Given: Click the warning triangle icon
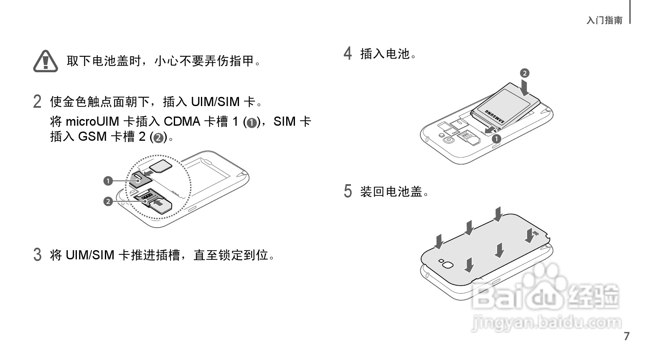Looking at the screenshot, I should pyautogui.click(x=46, y=61).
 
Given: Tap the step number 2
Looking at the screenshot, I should pyautogui.click(x=37, y=101).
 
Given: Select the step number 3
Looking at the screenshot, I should pyautogui.click(x=37, y=254).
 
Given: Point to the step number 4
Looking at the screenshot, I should pyautogui.click(x=348, y=53).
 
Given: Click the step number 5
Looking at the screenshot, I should pyautogui.click(x=348, y=191).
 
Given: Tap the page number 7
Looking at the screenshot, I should pyautogui.click(x=626, y=337).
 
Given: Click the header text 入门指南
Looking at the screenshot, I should pyautogui.click(x=604, y=20).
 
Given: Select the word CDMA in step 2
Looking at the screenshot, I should pyautogui.click(x=182, y=122).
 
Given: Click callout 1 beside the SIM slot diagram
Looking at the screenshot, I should pyautogui.click(x=108, y=181).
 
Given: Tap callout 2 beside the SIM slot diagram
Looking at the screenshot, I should pyautogui.click(x=108, y=202).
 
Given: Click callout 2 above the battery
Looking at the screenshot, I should pyautogui.click(x=524, y=74).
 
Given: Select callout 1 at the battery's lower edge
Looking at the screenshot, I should pyautogui.click(x=496, y=139).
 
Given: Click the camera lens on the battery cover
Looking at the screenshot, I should pyautogui.click(x=447, y=265).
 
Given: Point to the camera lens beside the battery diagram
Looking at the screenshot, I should pyautogui.click(x=448, y=139).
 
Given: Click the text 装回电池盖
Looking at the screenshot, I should pyautogui.click(x=394, y=192).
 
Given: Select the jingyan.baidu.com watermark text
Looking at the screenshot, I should pyautogui.click(x=546, y=322).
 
